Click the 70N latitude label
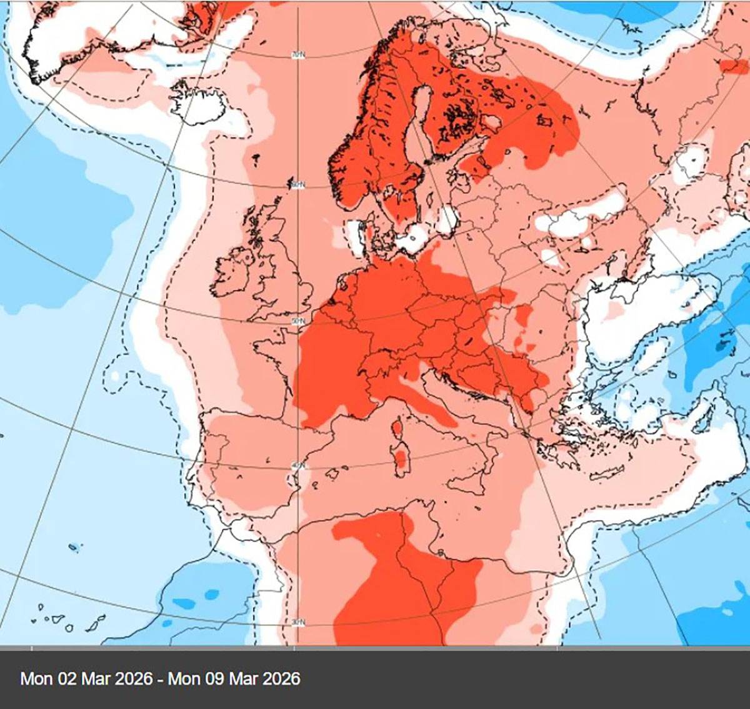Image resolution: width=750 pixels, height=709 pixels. click(x=298, y=56)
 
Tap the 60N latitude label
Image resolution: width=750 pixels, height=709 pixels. click(x=298, y=185)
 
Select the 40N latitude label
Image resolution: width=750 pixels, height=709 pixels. click(x=298, y=466)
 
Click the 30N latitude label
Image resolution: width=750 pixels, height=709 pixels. click(x=298, y=623)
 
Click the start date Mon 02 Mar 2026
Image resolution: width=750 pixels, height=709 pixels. click(x=86, y=678)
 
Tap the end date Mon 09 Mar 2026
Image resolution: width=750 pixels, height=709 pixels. click(x=234, y=678)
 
